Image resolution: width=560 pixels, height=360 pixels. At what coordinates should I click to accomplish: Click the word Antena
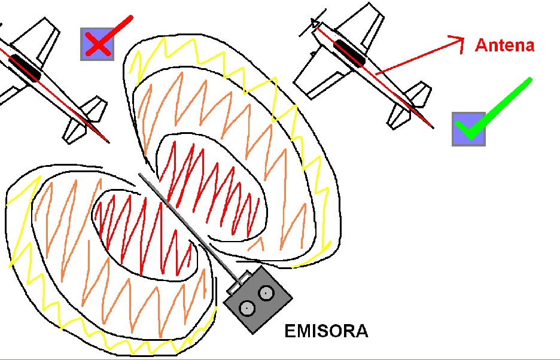504,45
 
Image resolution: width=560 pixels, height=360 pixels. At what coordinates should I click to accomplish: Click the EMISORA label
326,331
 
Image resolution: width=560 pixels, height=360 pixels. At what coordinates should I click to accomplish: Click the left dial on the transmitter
246,308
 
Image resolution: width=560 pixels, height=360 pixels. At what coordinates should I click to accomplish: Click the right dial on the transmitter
266,293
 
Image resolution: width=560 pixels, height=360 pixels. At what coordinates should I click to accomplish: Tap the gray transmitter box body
257,299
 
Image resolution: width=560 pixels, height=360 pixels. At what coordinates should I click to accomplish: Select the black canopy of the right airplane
349,53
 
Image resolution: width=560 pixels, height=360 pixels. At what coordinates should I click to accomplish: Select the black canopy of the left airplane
24,66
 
